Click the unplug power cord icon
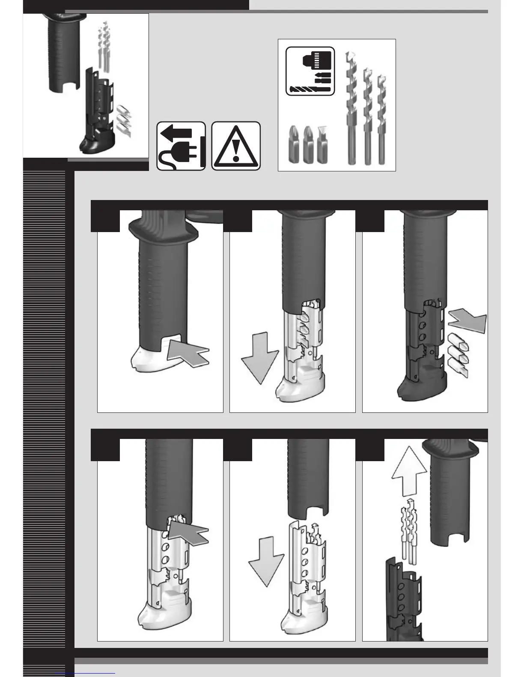click(181, 146)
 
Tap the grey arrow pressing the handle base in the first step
click(188, 351)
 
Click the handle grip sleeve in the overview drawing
click(62, 56)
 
